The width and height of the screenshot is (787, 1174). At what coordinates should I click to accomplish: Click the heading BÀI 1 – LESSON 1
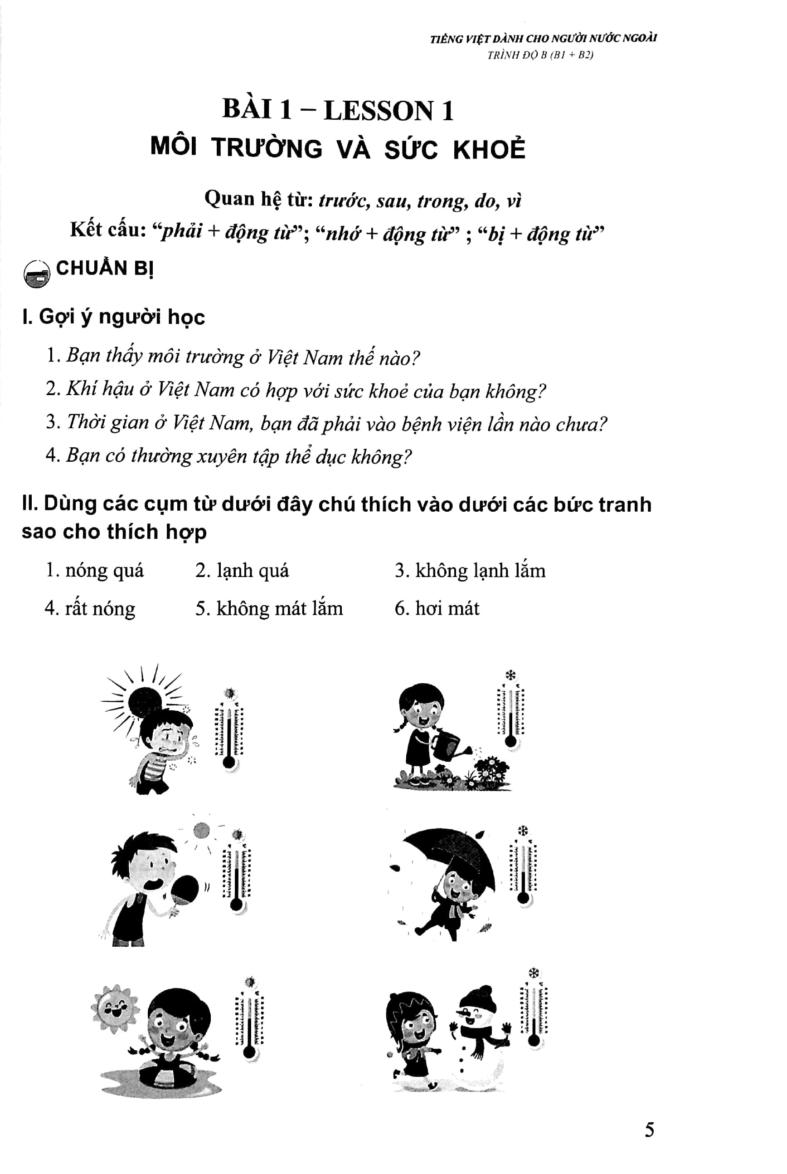(338, 110)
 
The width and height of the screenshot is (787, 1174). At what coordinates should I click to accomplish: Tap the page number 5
(649, 1130)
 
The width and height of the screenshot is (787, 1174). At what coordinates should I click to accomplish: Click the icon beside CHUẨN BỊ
(37, 273)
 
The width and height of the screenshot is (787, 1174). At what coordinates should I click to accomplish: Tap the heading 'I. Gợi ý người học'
(113, 317)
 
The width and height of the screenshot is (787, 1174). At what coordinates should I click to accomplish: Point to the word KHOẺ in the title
(489, 149)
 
